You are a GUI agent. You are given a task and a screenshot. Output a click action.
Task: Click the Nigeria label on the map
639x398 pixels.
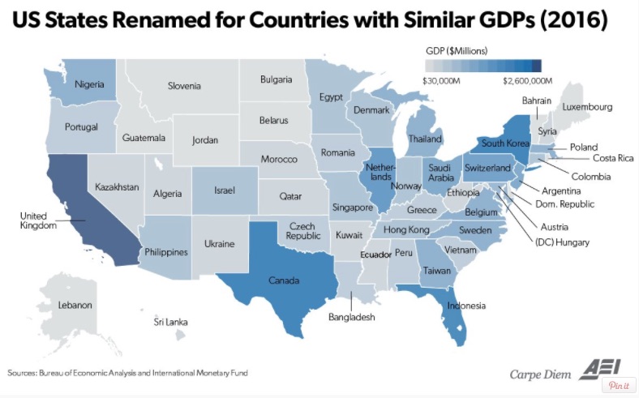[89, 84]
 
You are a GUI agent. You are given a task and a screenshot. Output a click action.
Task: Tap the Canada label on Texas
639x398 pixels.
[284, 280]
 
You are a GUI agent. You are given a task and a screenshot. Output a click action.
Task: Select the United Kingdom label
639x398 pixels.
[38, 220]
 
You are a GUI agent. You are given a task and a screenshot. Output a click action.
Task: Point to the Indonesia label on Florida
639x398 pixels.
[466, 306]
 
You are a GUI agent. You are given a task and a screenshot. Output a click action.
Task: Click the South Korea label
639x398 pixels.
[505, 143]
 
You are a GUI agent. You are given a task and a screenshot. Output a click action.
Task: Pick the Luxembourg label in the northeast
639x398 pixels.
[587, 107]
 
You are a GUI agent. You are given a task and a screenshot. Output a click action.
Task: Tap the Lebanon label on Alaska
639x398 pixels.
[75, 305]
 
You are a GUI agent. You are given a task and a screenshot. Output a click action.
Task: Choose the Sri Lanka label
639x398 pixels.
[171, 323]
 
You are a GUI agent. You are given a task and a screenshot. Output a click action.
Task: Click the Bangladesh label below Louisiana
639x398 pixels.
[352, 317]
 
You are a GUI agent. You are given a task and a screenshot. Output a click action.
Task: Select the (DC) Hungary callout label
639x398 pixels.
[562, 242]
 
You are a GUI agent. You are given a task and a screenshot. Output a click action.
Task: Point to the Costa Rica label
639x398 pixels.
[613, 158]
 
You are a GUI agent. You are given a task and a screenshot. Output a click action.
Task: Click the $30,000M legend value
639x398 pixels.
[441, 81]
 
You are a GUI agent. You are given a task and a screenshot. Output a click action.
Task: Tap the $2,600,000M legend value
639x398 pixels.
[527, 81]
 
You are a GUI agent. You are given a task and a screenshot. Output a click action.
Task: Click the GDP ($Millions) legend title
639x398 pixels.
[457, 51]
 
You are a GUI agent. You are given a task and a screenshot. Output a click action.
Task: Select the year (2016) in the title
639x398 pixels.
[573, 19]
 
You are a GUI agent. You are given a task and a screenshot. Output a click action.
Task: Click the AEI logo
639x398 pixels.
[600, 369]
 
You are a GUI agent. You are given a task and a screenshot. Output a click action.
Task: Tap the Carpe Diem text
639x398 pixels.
[540, 374]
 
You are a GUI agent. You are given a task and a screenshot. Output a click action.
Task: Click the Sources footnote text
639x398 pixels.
[127, 373]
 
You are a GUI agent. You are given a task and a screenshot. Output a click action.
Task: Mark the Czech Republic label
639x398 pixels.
[302, 231]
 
